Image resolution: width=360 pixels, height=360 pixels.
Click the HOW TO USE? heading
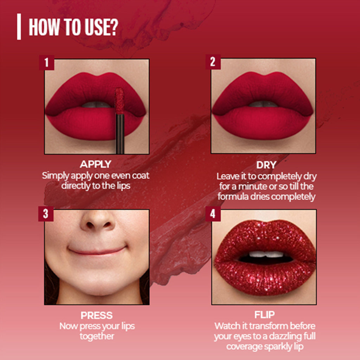tap(73, 27)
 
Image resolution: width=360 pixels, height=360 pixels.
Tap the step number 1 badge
tap(47, 63)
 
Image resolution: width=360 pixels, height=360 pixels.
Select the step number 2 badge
tap(213, 62)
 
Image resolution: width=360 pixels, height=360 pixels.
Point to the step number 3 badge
tap(46, 214)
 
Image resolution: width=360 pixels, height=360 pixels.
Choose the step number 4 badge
tap(213, 214)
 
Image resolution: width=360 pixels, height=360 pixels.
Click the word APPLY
tap(96, 164)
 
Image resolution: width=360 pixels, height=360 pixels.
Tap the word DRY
tap(266, 165)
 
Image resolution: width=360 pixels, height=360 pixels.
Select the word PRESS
tap(96, 315)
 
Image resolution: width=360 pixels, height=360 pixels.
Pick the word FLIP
tap(264, 315)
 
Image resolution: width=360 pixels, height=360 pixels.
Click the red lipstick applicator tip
tap(120, 101)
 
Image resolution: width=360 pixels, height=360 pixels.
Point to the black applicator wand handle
tap(120, 134)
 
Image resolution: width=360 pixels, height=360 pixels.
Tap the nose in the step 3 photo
tap(97, 220)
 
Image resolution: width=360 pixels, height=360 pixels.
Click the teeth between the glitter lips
tap(266, 254)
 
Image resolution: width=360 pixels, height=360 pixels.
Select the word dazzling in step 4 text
tap(285, 336)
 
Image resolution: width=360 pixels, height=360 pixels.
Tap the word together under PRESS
tap(97, 336)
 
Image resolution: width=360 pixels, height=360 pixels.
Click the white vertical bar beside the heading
tap(19, 27)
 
